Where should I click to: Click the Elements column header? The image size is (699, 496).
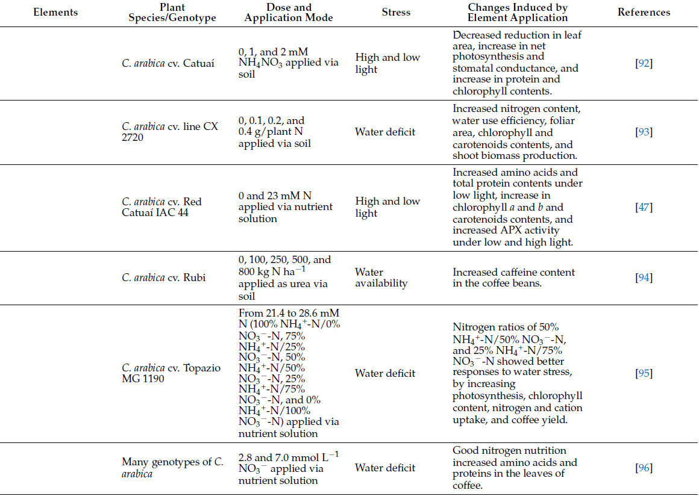coord(55,12)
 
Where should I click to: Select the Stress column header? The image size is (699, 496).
coord(397,12)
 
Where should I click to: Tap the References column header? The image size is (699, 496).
coord(644,12)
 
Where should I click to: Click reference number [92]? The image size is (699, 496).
coord(644,63)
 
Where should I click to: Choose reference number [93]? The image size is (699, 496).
coord(644,132)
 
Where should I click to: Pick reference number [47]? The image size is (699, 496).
coord(644,207)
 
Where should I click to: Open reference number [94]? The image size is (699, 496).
coord(644,277)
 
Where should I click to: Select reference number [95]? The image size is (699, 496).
coord(644,373)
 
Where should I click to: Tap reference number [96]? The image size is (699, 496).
coord(644,468)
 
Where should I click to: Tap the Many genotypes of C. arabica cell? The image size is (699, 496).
coord(172,468)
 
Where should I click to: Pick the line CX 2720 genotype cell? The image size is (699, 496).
coord(170,132)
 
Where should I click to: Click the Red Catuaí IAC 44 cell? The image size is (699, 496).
coord(161,207)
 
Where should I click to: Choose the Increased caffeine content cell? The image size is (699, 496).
coord(513,277)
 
